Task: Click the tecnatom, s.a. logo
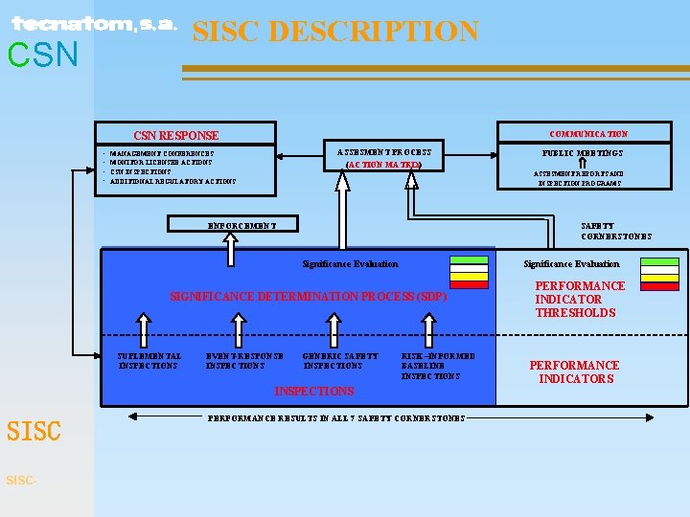point(94,24)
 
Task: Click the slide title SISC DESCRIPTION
point(335,32)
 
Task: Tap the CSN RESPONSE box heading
point(175,136)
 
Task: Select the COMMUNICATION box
point(588,133)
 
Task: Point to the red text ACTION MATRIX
point(383,165)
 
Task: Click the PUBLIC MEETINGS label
point(582,153)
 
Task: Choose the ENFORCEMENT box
point(242,225)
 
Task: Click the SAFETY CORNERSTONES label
point(616,231)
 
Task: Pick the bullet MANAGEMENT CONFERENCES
point(162,153)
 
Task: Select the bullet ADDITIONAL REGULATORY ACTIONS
point(172,181)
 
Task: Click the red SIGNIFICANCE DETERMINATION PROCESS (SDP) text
point(308,297)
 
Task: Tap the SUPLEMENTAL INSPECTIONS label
point(149,361)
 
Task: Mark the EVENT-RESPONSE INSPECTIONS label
point(244,361)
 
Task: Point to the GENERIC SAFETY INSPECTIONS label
point(340,361)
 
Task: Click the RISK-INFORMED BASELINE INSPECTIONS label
point(438,366)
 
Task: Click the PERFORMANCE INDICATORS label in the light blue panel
point(575,371)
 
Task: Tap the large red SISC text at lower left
point(34,432)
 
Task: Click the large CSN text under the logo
point(43,56)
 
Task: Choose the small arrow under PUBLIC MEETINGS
point(582,164)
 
